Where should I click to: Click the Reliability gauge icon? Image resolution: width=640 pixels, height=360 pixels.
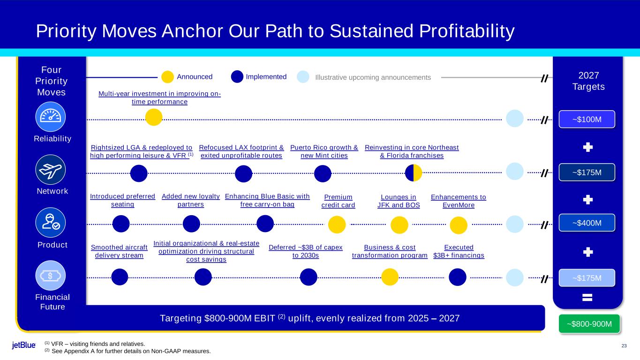pyautogui.click(x=51, y=117)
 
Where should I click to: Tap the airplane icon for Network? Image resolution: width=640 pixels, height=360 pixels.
pyautogui.click(x=51, y=170)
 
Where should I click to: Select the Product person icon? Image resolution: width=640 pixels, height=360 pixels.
pyautogui.click(x=51, y=223)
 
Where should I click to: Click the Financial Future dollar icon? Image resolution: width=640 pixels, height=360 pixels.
pyautogui.click(x=51, y=276)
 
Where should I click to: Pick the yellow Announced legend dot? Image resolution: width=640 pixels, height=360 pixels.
pyautogui.click(x=167, y=77)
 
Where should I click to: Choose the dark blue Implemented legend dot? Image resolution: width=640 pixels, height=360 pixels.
pyautogui.click(x=237, y=76)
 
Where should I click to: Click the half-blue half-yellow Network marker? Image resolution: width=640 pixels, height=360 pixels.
pyautogui.click(x=414, y=173)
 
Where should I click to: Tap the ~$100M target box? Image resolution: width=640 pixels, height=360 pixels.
pyautogui.click(x=587, y=119)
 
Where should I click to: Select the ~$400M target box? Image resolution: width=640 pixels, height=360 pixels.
pyautogui.click(x=587, y=223)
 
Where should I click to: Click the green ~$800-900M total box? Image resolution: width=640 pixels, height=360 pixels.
pyautogui.click(x=589, y=324)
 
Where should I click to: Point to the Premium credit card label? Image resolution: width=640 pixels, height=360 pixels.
pyautogui.click(x=339, y=201)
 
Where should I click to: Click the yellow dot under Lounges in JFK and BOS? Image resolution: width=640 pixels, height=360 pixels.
pyautogui.click(x=399, y=225)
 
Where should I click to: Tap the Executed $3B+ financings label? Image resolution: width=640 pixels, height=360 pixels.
pyautogui.click(x=459, y=251)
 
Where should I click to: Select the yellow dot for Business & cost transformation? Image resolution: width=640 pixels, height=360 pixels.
pyautogui.click(x=390, y=277)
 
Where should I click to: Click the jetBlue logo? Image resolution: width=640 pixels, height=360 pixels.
pyautogui.click(x=24, y=345)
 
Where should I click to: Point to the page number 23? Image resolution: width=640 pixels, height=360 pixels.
pyautogui.click(x=624, y=346)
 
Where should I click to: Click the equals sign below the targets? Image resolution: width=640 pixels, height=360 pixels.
pyautogui.click(x=587, y=298)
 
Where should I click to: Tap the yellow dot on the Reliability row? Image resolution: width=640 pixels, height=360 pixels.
pyautogui.click(x=154, y=117)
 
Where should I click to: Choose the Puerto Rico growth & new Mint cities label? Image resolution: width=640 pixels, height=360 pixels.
pyautogui.click(x=324, y=151)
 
